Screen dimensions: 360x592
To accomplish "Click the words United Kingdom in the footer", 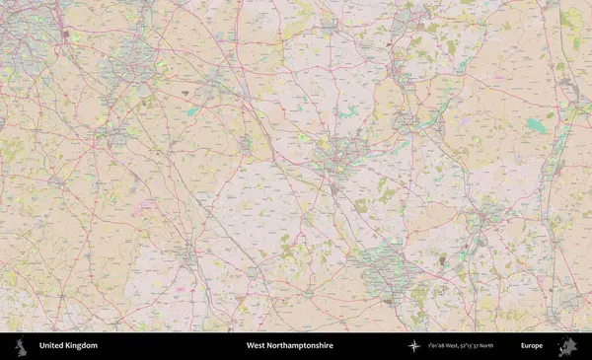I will click(x=68, y=346).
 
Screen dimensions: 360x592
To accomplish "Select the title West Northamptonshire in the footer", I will click(x=290, y=346).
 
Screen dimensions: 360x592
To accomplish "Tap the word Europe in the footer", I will click(x=532, y=346).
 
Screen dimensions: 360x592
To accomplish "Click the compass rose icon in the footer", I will click(x=413, y=346).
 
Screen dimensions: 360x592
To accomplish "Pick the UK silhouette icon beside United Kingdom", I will click(x=21, y=346).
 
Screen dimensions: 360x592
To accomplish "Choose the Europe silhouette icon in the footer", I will click(x=567, y=346).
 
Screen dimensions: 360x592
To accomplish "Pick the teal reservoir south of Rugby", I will click(x=189, y=112).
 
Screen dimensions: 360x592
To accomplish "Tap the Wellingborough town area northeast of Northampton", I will click(x=404, y=121).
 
